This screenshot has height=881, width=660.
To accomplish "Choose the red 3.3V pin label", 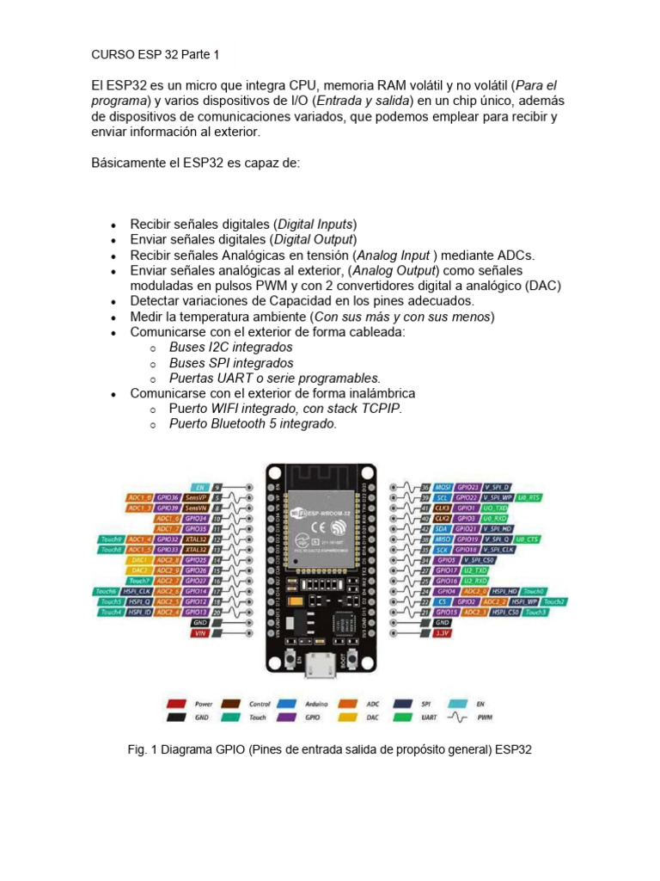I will click(x=442, y=632).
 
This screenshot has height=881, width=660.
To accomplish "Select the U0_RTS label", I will click(x=529, y=497).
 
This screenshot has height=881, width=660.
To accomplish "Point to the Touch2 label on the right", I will click(x=554, y=601).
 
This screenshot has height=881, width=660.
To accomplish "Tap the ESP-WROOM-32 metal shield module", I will click(x=321, y=524).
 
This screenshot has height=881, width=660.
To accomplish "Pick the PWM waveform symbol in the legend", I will click(x=456, y=715).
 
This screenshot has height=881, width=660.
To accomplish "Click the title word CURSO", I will click(x=112, y=54).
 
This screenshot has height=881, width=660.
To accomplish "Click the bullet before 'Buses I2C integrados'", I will click(x=151, y=348).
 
